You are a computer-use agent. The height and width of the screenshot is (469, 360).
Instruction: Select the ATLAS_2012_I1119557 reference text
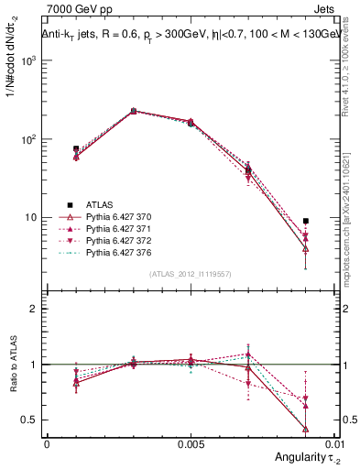tap(191, 274)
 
